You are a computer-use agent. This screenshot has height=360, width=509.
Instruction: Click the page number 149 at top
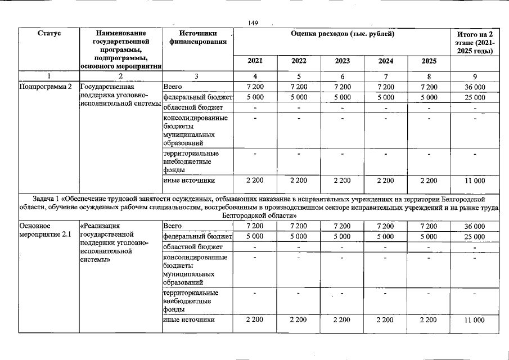(253, 22)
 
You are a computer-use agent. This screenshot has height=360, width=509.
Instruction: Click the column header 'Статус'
(49, 34)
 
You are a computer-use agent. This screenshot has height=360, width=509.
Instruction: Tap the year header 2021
(255, 61)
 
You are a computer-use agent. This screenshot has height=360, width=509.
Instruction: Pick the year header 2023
(342, 61)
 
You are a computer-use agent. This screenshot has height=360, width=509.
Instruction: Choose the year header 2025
(429, 61)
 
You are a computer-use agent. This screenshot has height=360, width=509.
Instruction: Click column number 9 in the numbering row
(475, 76)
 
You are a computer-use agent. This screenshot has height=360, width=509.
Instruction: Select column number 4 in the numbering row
(255, 76)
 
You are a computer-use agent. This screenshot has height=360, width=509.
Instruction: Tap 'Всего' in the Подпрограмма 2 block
(172, 87)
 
